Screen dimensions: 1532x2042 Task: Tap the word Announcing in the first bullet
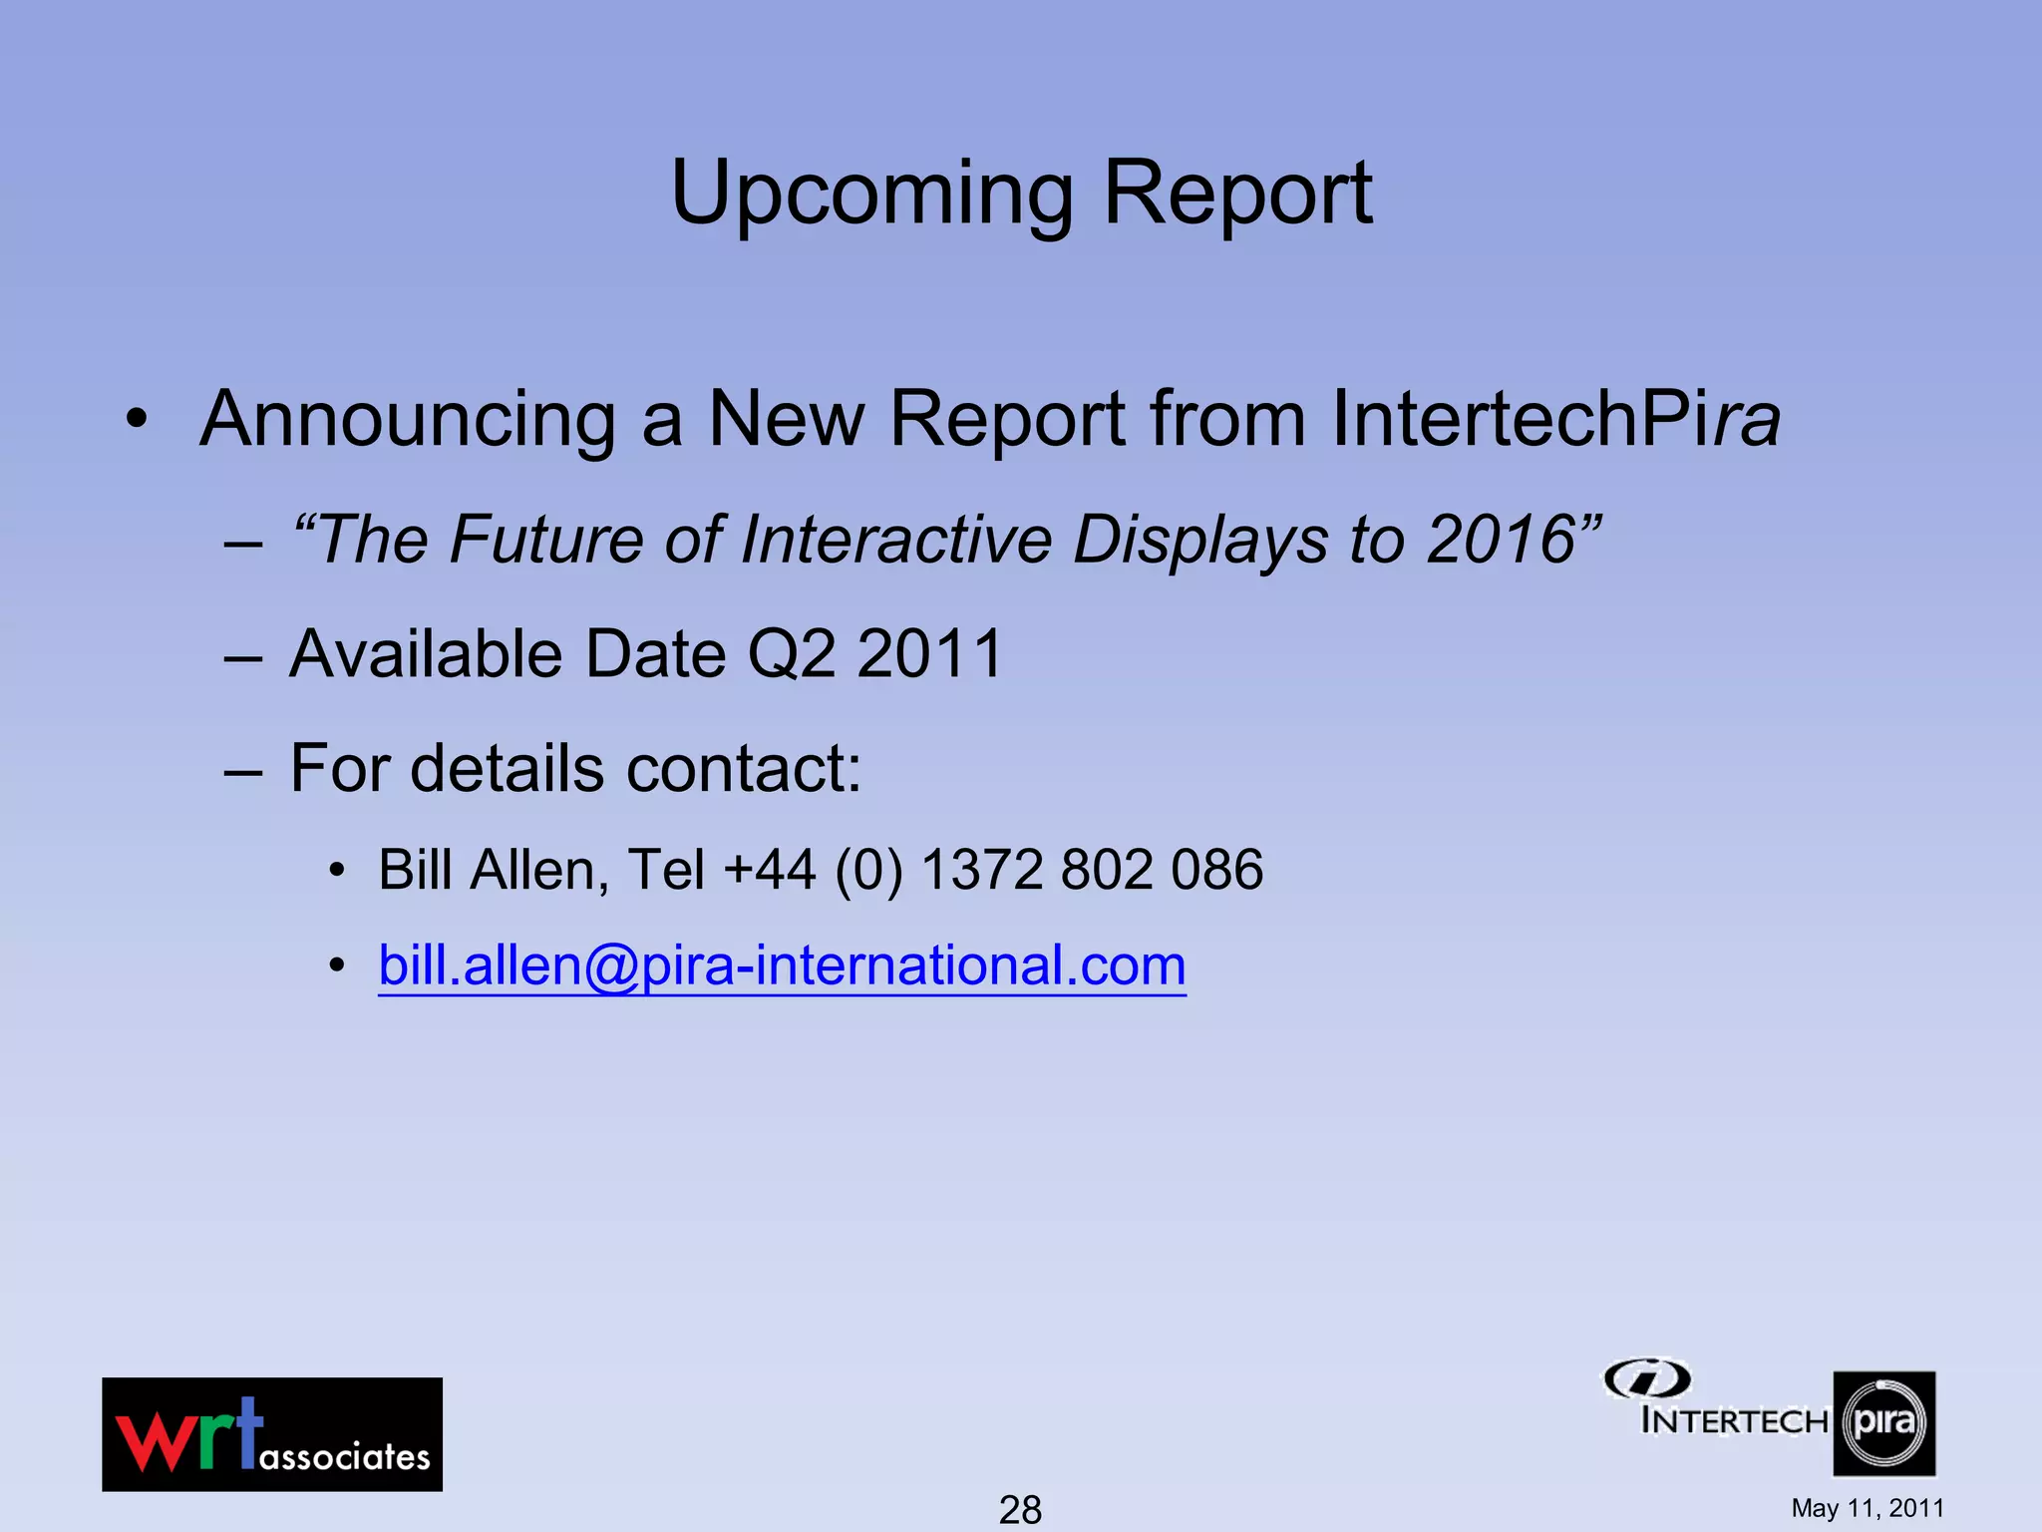click(x=408, y=419)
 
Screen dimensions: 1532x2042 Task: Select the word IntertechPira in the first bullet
click(x=1555, y=419)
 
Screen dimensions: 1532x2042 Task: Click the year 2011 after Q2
click(x=928, y=654)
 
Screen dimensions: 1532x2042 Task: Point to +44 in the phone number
click(x=769, y=870)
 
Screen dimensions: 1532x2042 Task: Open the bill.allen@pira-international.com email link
click(x=782, y=965)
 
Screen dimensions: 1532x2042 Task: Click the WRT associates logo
click(x=272, y=1434)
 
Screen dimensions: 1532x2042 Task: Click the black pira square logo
click(x=1883, y=1423)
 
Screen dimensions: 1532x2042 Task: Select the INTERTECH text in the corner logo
click(x=1734, y=1420)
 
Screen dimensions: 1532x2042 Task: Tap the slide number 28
click(x=1020, y=1509)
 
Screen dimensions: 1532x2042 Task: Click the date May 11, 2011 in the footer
click(x=1868, y=1508)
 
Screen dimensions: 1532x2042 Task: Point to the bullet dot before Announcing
click(x=137, y=420)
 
